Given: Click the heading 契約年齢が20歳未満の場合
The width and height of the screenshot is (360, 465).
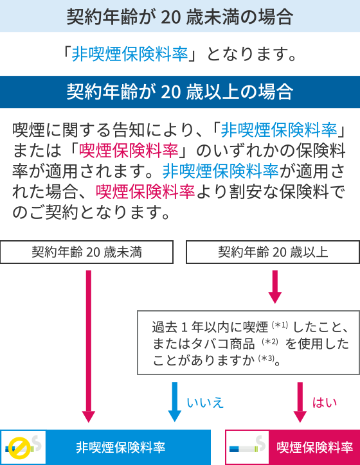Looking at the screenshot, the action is coord(180,17).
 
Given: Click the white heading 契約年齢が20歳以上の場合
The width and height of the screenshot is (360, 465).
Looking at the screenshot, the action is coord(180,92).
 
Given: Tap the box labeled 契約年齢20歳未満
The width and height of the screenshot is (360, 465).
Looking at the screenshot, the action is coord(87,252).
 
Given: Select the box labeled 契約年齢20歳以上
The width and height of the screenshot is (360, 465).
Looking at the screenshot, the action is coord(273,252).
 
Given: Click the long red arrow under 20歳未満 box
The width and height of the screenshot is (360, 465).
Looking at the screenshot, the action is coord(89,346).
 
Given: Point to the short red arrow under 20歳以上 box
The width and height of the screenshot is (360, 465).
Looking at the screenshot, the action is coord(275,286).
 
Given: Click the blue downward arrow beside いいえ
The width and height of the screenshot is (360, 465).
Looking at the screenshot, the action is coord(174,402).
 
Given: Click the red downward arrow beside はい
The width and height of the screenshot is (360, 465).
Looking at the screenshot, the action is coord(300,402).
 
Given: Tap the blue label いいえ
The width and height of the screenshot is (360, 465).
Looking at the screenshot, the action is coord(205,403).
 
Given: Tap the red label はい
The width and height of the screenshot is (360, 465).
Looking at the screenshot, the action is coord(325,403).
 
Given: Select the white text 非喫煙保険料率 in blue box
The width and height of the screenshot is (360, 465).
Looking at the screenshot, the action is coord(120,447).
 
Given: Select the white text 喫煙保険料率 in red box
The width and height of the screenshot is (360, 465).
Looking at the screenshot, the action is coord(315,447).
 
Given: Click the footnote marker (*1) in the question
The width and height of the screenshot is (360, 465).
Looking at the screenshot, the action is coord(280,325).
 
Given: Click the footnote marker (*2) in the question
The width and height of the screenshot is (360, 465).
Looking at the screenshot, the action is coord(270,342).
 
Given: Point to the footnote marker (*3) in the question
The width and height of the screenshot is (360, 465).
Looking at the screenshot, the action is coord(266,358).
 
